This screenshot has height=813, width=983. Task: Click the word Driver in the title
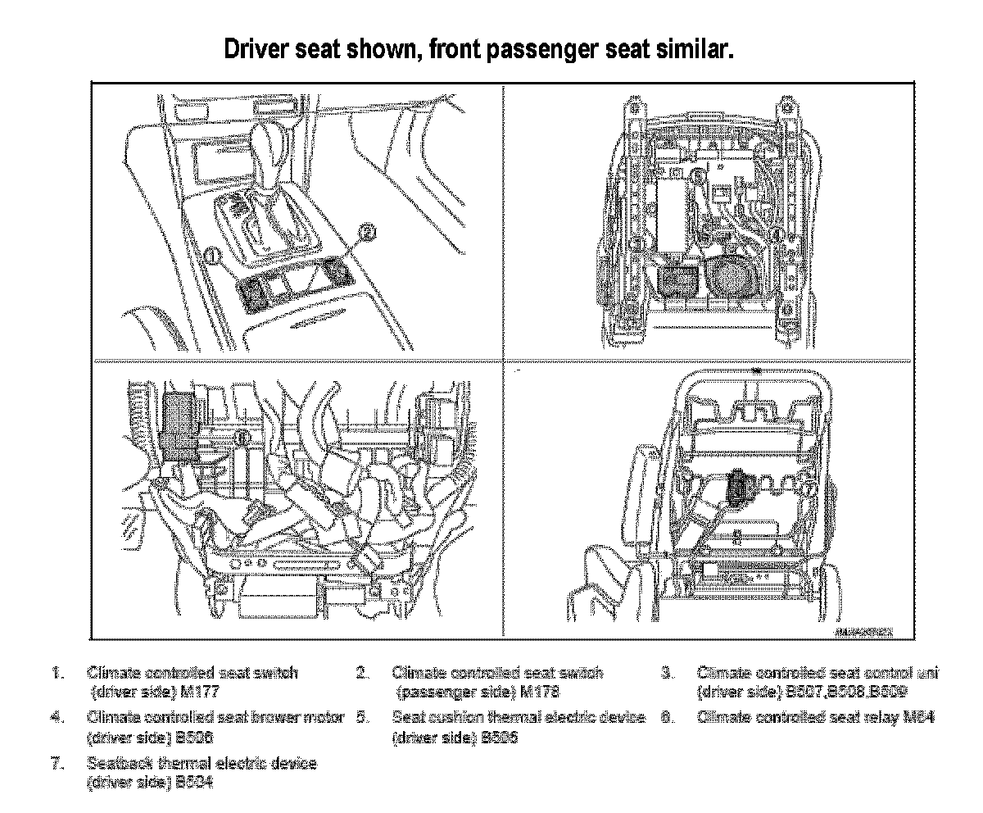[260, 51]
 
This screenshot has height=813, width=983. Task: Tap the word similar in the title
[691, 51]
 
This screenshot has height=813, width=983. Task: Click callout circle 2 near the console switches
[368, 233]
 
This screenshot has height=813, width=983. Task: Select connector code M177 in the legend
[197, 692]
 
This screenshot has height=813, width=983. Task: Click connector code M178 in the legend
[538, 692]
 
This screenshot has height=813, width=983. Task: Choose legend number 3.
[667, 674]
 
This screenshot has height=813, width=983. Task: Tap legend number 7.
[57, 764]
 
